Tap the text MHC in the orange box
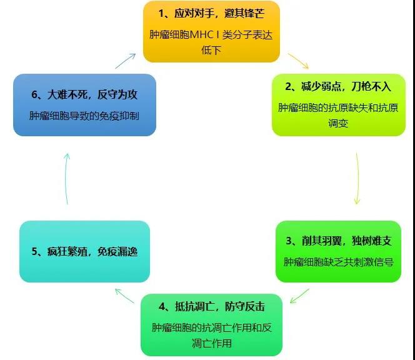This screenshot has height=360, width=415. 202,34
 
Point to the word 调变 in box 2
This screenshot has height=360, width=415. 338,123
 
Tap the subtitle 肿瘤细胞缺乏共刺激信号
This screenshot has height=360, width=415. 339,262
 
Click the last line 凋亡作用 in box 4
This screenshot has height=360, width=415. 212,343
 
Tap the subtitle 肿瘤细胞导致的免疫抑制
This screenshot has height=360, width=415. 84,116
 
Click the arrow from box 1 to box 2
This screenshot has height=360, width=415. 298,61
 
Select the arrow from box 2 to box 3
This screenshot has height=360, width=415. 358,178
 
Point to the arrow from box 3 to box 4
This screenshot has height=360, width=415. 299,296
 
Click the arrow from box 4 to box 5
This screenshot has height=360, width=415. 124,296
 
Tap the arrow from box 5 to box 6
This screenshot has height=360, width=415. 66,179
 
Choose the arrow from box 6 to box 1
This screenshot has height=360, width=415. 126,61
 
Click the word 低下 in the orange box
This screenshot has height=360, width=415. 211,50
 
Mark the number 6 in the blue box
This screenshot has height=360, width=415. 34,95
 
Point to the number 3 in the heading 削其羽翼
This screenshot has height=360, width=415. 289,241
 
